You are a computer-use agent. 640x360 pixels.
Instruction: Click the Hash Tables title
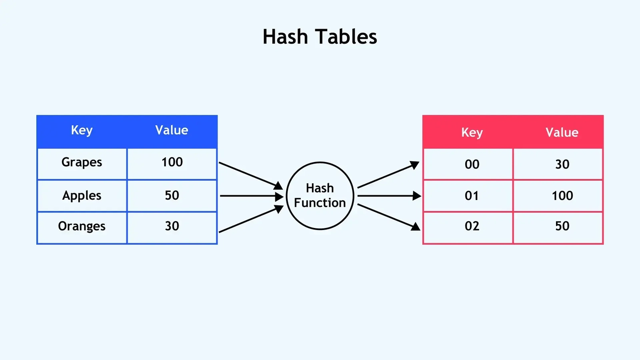pos(320,37)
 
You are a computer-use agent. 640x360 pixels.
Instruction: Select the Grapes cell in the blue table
pos(82,162)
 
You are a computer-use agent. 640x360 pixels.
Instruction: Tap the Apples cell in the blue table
pos(82,196)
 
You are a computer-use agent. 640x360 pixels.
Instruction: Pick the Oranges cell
pos(82,226)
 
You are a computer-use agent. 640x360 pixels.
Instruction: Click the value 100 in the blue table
pos(172,162)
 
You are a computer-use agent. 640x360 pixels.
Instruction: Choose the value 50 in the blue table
pos(172,196)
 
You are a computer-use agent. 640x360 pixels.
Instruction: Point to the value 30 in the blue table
pos(172,226)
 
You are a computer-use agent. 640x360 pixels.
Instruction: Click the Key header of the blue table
pos(82,130)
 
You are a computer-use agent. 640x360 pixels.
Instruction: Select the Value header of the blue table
pos(172,130)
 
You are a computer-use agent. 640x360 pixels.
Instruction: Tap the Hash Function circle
pos(320,196)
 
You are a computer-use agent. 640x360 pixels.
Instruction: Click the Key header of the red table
pos(472,132)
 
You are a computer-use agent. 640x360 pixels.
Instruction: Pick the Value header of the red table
pos(562,132)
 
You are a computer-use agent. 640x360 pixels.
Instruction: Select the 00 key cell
pos(472,164)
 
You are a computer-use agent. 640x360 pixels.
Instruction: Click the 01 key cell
pos(472,196)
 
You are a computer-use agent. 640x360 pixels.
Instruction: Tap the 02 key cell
pos(472,226)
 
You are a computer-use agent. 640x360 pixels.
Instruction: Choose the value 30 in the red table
pos(562,164)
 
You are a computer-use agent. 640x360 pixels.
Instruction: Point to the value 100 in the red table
pos(562,196)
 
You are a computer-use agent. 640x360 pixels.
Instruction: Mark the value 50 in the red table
pos(562,226)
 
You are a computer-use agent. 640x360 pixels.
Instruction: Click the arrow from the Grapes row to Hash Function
pos(250,175)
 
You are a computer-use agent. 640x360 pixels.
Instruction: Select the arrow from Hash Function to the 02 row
pos(388,217)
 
